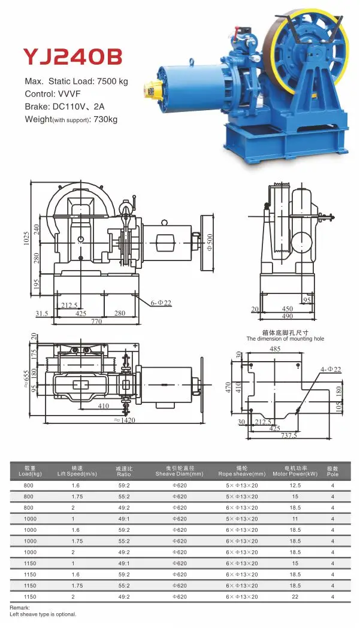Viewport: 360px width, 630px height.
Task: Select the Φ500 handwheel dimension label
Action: pos(210,242)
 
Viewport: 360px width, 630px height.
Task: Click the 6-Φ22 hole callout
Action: pos(161,304)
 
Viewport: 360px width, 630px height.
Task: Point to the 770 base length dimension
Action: pos(96,322)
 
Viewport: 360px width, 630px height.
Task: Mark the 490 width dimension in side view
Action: pos(288,316)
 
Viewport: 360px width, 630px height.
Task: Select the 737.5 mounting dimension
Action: pos(288,436)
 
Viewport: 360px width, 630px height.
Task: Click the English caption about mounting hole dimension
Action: pos(285,339)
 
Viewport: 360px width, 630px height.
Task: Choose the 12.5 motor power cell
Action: pos(295,486)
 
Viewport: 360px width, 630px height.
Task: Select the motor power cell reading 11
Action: pos(295,519)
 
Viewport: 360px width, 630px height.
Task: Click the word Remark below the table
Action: pos(20,608)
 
